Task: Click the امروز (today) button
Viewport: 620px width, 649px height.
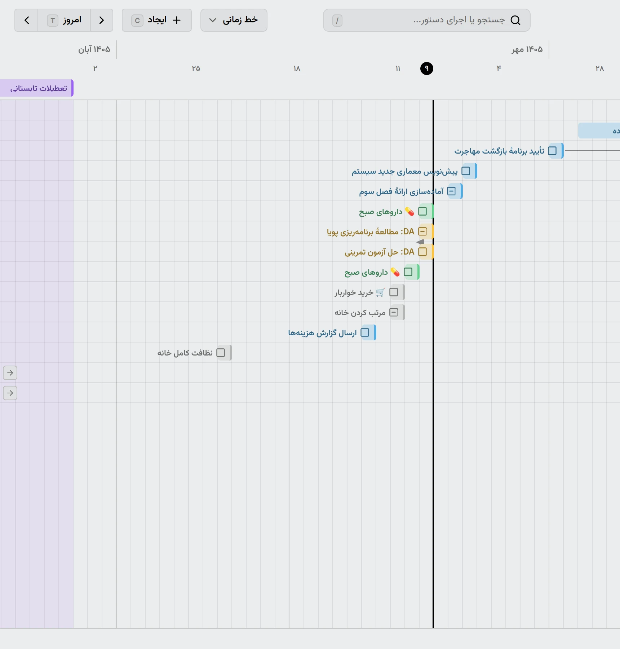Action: [x=64, y=20]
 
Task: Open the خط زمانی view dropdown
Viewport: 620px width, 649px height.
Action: [x=234, y=20]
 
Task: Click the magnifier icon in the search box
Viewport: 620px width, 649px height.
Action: [x=515, y=20]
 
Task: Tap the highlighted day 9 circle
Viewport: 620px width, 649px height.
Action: [x=427, y=68]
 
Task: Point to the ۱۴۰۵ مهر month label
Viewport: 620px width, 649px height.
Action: [x=527, y=49]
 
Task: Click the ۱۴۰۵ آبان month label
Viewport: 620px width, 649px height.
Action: [x=94, y=49]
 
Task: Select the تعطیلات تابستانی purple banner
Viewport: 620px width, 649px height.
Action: [x=37, y=88]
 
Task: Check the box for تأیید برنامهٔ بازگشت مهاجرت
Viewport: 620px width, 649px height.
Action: [x=552, y=151]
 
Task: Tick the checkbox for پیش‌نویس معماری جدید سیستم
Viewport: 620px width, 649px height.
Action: [x=466, y=171]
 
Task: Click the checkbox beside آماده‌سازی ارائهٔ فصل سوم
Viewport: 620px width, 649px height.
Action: [x=451, y=191]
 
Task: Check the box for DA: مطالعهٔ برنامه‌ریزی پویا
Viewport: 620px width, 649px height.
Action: [x=422, y=231]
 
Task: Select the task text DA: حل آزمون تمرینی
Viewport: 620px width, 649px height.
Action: [x=380, y=252]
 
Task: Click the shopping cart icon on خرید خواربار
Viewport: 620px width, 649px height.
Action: [x=381, y=292]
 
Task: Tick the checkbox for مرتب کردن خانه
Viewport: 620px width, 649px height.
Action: [x=394, y=312]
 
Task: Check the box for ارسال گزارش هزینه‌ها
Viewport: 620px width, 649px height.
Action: [x=365, y=332]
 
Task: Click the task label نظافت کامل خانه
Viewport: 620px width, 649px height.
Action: [x=185, y=353]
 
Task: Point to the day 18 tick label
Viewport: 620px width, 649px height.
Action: [x=297, y=69]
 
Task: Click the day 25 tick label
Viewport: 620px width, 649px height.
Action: [x=196, y=69]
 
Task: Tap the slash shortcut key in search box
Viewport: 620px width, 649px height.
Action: [x=337, y=21]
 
